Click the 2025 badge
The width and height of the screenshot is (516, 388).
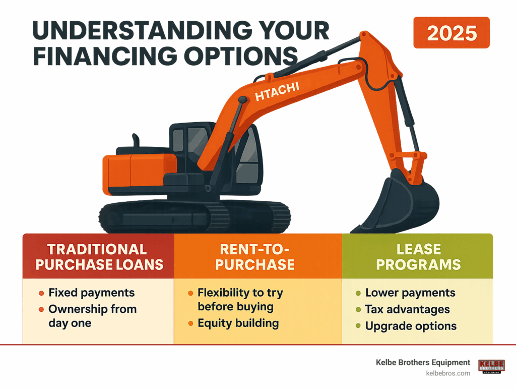451,33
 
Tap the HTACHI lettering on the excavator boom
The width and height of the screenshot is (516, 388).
277,91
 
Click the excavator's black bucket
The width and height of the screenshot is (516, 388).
398,202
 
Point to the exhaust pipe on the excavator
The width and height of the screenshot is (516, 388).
136,140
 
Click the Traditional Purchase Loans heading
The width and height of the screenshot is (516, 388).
99,257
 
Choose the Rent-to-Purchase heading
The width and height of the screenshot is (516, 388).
254,257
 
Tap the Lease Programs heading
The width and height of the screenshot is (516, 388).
418,257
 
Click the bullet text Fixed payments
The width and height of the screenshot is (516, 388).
92,293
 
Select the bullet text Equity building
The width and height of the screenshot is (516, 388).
238,323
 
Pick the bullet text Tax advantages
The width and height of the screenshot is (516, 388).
407,309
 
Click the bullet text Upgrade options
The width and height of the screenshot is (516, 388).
411,326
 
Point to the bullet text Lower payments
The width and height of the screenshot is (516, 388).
410,293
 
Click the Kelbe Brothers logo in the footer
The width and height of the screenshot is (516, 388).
492,367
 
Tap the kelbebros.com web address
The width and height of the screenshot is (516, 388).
448,373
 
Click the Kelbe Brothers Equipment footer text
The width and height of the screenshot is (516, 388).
423,362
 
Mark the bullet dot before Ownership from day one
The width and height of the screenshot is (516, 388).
41,309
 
